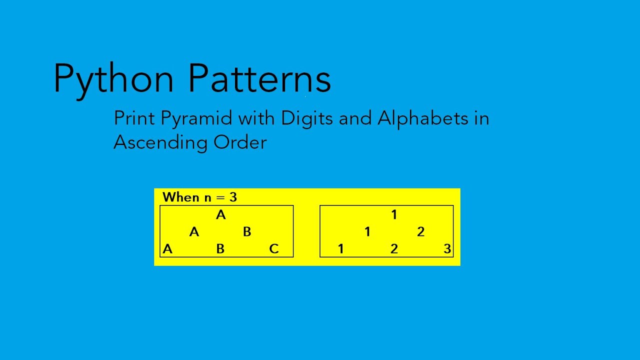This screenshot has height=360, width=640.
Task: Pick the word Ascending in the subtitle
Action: point(160,143)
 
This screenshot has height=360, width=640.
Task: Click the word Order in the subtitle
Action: point(240,142)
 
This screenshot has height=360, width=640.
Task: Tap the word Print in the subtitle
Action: point(134,118)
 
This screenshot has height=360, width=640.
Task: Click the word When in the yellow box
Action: point(181,197)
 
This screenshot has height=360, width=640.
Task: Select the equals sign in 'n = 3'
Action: point(220,197)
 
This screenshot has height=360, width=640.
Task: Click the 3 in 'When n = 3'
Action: point(233,197)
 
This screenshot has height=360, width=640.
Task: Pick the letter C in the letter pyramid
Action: point(273,248)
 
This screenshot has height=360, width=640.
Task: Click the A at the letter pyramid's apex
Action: point(220,215)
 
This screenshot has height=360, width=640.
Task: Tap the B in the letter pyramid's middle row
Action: point(247,232)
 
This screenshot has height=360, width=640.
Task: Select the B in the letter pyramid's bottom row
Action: point(220,248)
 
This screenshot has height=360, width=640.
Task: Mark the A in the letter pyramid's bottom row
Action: point(167,248)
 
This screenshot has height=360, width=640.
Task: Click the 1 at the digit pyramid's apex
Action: point(394,215)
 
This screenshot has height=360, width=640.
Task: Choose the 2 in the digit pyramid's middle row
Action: point(420,232)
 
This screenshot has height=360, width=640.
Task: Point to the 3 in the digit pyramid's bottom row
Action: point(447,248)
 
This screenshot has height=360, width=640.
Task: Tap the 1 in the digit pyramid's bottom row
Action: point(341,248)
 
